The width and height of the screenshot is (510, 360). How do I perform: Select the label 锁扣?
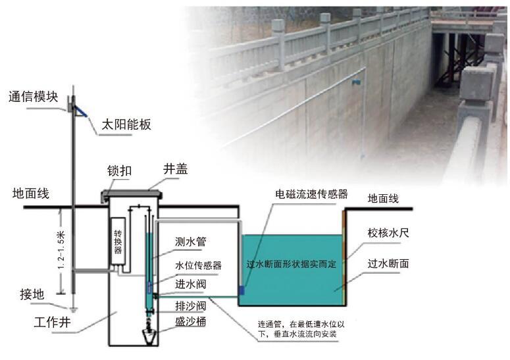120,170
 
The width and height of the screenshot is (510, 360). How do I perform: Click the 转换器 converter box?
119,242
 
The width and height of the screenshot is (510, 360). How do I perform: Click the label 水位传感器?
197,265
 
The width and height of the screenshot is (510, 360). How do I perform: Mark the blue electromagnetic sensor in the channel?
242,290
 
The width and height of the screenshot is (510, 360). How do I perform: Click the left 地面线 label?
31,194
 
